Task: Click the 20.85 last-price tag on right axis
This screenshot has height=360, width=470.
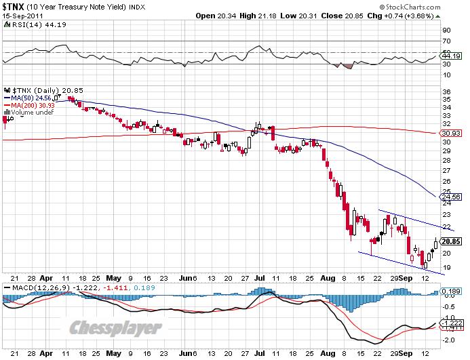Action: (x=452, y=241)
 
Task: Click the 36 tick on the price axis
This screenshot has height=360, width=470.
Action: (x=446, y=91)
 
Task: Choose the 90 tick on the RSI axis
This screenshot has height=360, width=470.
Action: (x=446, y=31)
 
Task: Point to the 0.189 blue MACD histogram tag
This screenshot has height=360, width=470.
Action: (x=452, y=292)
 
